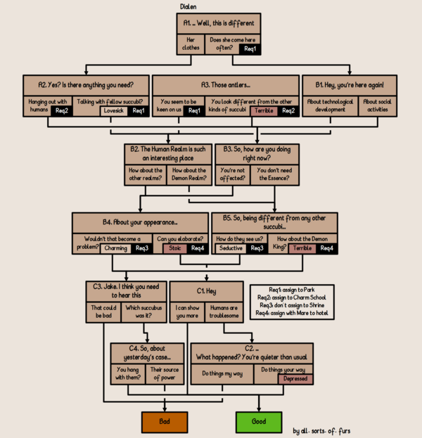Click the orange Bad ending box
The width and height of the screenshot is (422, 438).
pyautogui.click(x=165, y=422)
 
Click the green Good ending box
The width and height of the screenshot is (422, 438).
pyautogui.click(x=258, y=422)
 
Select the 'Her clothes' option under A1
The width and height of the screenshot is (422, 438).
pyautogui.click(x=191, y=44)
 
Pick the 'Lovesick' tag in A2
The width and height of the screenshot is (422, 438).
pyautogui.click(x=113, y=111)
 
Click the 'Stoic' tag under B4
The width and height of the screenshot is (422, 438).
pyautogui.click(x=175, y=248)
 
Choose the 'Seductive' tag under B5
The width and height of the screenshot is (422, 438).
pyautogui.click(x=231, y=248)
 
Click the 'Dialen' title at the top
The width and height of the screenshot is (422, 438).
pyautogui.click(x=188, y=6)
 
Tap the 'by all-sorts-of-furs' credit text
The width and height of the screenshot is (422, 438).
pyautogui.click(x=321, y=431)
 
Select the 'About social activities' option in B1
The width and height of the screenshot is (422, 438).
pyautogui.click(x=378, y=105)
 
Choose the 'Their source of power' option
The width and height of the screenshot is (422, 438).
pyautogui.click(x=165, y=373)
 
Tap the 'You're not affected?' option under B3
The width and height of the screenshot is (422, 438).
pyautogui.click(x=232, y=174)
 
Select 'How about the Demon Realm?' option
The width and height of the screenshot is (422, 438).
pyautogui.click(x=189, y=174)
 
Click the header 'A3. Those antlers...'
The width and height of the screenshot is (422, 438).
pyautogui.click(x=225, y=84)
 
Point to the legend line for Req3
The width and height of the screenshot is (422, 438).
pyautogui.click(x=291, y=304)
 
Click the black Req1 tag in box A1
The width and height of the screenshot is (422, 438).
pyautogui.click(x=250, y=49)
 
